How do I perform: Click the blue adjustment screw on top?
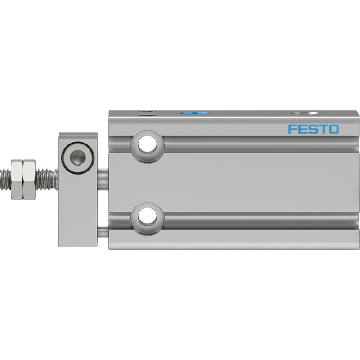coord(194,113)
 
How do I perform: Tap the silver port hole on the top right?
coord(304,113)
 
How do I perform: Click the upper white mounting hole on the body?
coord(148,144)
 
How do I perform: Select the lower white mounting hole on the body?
coord(148,216)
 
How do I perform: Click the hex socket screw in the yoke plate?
coord(78,158)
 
